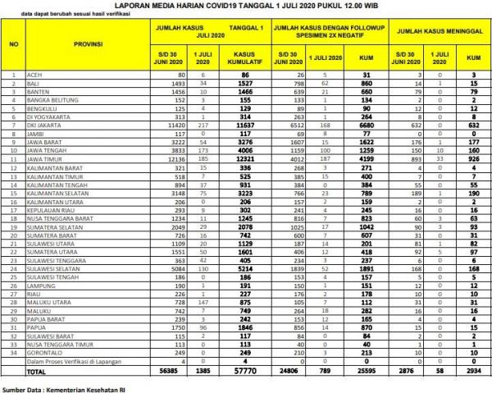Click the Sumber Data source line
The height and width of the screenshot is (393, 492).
tap(59, 387)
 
